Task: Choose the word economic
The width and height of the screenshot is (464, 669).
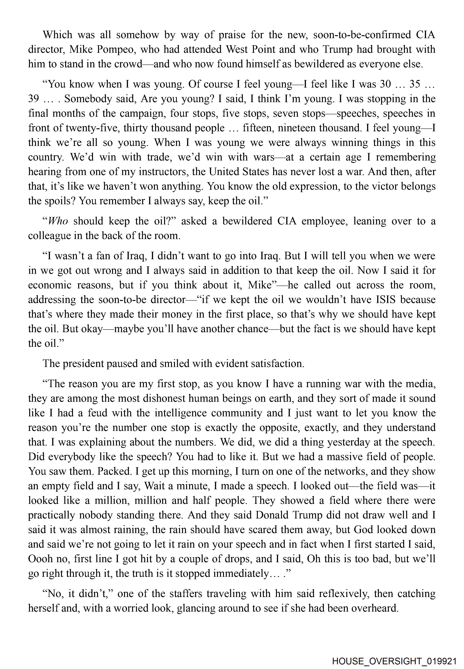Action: click(49, 285)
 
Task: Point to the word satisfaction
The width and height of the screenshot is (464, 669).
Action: click(274, 364)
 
